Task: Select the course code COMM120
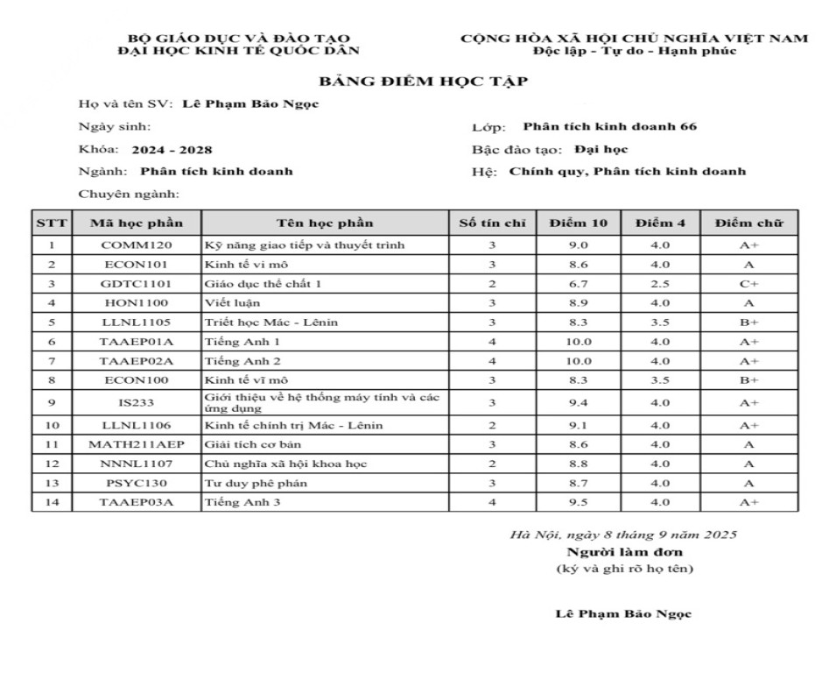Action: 136,245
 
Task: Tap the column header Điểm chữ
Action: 748,223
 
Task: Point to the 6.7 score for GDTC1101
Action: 579,284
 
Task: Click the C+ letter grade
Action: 748,284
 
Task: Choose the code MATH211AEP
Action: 136,444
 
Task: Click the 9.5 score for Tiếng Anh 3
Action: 579,502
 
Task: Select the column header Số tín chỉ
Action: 492,223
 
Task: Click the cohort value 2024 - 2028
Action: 172,150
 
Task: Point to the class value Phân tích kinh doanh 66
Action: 609,127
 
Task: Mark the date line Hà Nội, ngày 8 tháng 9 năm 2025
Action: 623,535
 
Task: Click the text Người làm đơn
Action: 624,552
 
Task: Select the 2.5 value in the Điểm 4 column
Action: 660,284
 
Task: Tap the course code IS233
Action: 136,403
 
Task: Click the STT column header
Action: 52,223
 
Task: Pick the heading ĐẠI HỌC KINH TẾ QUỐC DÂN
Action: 239,51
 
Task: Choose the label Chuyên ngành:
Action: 129,194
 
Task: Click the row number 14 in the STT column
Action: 52,502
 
